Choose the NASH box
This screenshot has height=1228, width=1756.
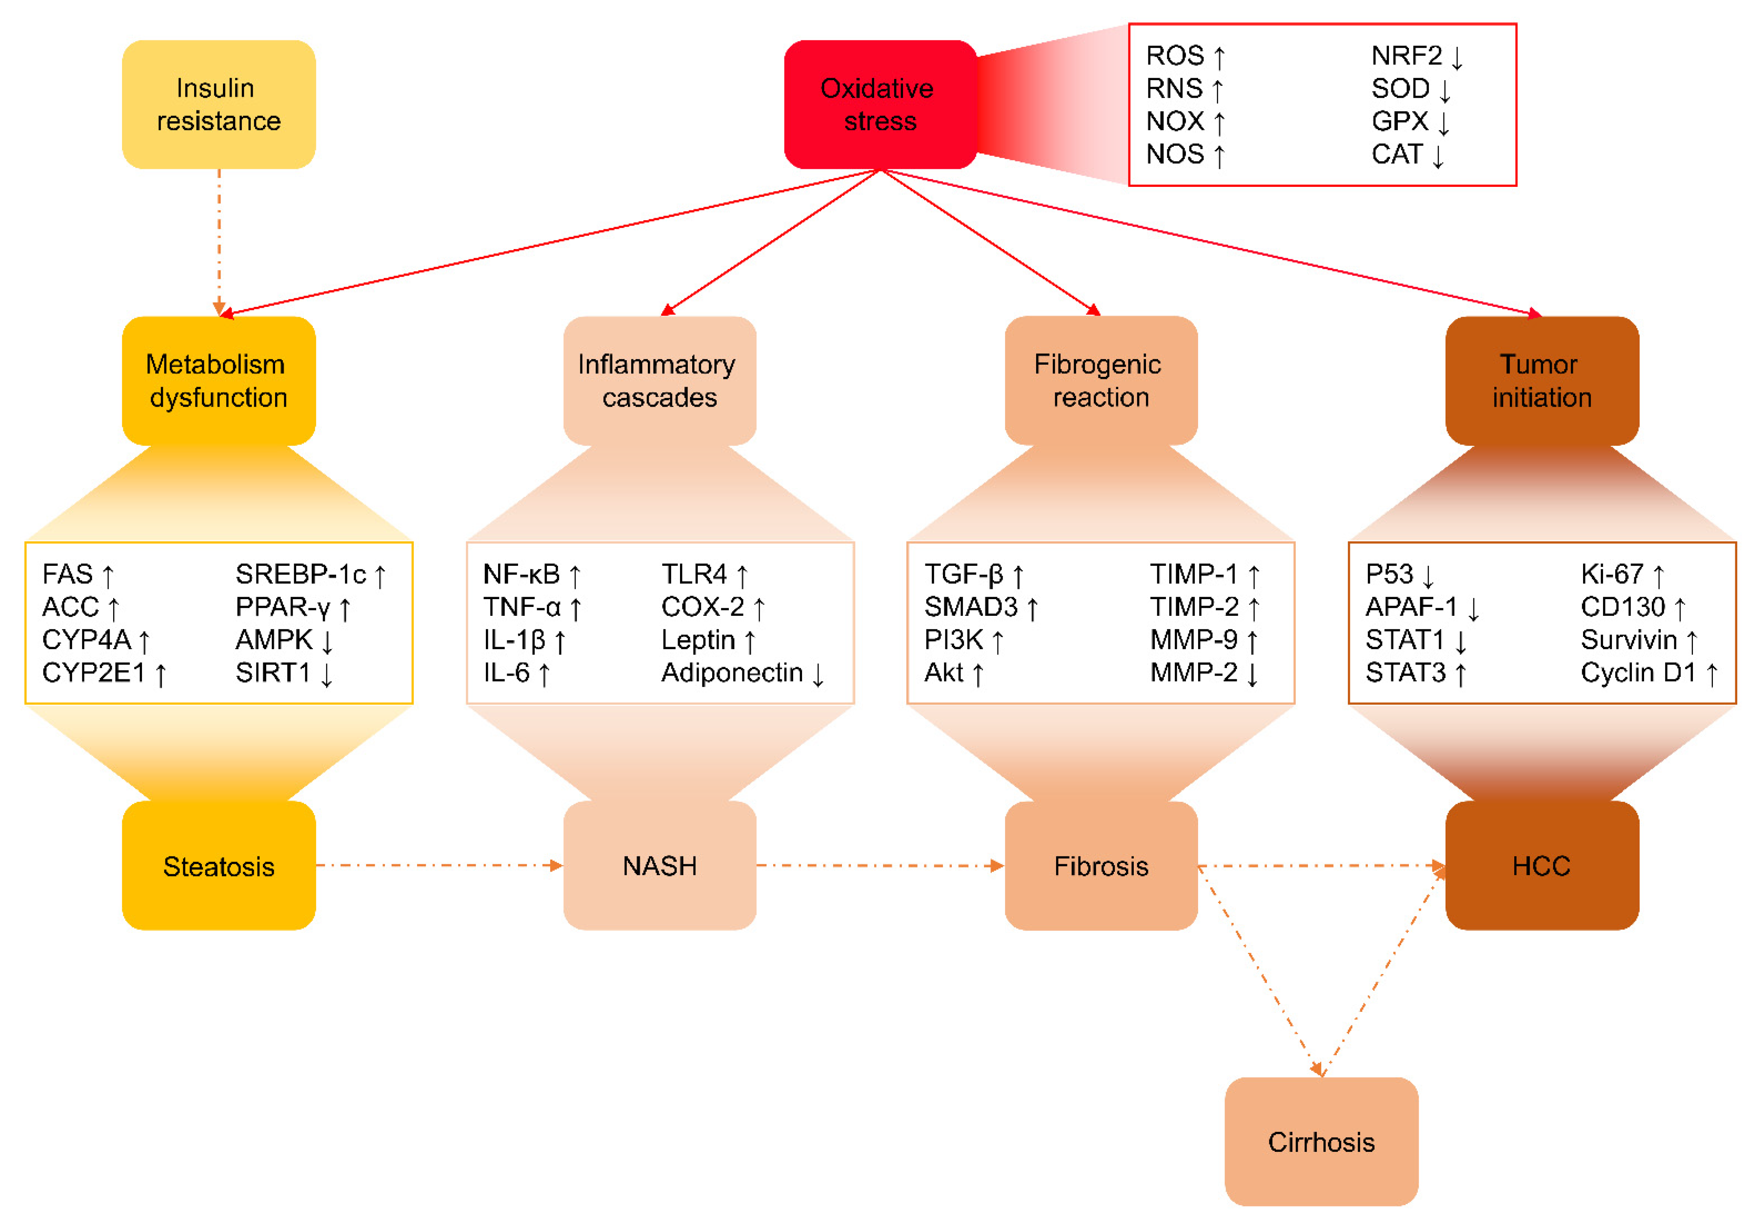(659, 865)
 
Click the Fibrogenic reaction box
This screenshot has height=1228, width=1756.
(1100, 380)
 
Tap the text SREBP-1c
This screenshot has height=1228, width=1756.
(301, 574)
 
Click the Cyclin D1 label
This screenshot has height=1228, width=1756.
(1638, 672)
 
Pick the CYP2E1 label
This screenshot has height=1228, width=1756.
(93, 672)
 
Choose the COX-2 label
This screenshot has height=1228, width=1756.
(702, 607)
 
